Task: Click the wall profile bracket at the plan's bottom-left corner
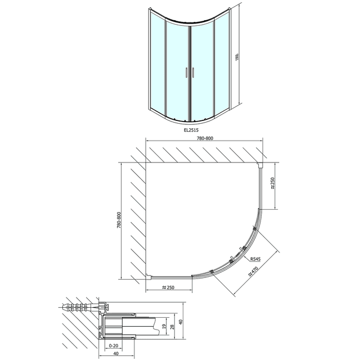(x=147, y=276)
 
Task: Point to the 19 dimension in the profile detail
(x=164, y=326)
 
